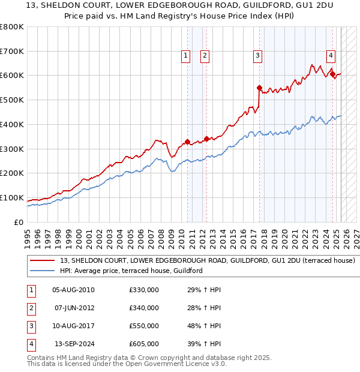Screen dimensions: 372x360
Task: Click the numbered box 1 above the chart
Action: pos(185,56)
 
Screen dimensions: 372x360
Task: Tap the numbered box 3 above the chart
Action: pos(257,56)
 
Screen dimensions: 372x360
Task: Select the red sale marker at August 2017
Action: pos(260,88)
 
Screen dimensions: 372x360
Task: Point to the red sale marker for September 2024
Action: pos(332,74)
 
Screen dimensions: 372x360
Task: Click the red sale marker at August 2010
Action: pos(187,142)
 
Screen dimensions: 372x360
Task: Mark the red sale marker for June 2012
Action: pos(206,139)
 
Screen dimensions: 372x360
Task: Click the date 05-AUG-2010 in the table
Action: pos(73,290)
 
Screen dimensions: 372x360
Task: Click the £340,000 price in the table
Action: pos(144,308)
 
